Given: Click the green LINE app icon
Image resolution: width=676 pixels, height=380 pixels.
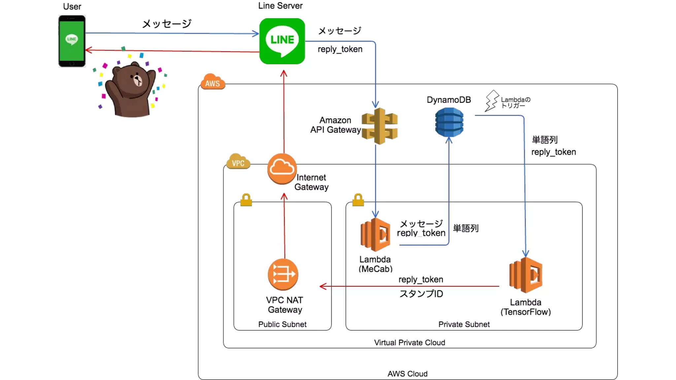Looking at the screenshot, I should [x=282, y=41].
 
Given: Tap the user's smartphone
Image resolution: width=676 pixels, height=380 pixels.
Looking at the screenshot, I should [x=72, y=41].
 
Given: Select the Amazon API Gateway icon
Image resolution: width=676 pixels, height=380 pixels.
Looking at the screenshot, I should [x=380, y=126].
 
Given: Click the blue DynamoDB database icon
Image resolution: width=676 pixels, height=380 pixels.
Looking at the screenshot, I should [x=449, y=122].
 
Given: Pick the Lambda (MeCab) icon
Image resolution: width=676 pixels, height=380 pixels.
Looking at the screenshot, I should [x=376, y=235].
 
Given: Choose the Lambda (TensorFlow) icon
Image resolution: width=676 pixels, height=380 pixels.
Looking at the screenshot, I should [x=526, y=275].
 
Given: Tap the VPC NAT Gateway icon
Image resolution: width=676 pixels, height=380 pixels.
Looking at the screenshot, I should [x=283, y=274].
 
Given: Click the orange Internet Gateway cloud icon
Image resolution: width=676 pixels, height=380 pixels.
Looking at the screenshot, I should [x=282, y=169].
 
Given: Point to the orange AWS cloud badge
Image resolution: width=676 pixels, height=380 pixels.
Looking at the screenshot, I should [x=213, y=82].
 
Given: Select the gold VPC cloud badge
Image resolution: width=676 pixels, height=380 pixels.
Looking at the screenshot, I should [x=238, y=162].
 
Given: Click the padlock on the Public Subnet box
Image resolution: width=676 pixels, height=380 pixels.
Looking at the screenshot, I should [x=246, y=200].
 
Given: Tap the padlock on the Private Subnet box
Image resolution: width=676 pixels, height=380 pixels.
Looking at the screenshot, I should [x=358, y=200].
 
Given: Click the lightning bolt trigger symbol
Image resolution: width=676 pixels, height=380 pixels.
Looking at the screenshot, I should [x=491, y=101].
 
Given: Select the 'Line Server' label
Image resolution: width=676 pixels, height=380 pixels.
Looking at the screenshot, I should [x=280, y=6].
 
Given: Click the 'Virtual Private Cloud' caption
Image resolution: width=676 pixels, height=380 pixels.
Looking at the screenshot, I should [x=409, y=342].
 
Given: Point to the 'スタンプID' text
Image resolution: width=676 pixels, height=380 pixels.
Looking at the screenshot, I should [x=421, y=294].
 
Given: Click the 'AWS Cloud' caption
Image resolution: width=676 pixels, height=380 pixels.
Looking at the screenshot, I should [x=407, y=374].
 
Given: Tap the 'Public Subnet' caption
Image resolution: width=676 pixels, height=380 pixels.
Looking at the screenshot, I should [x=282, y=324].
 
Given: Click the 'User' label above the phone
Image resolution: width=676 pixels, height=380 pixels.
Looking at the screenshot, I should [x=72, y=7].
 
